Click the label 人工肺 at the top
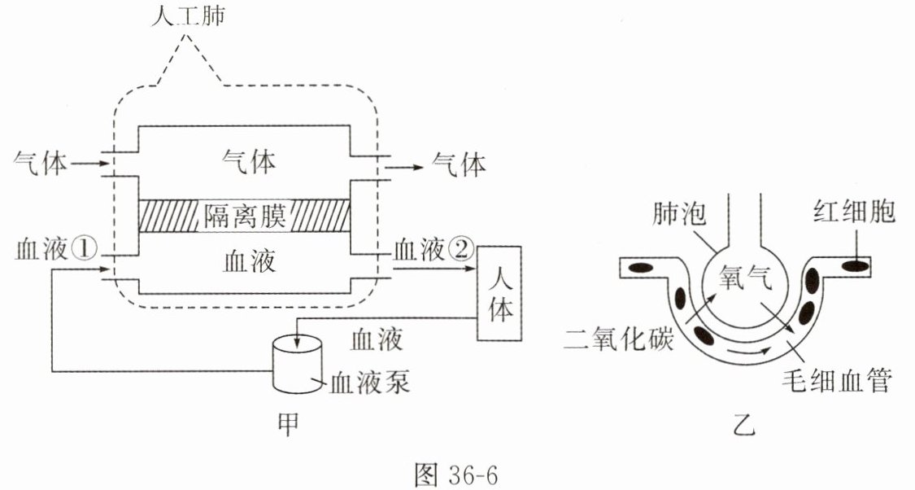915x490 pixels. click(187, 15)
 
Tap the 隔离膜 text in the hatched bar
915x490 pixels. click(245, 216)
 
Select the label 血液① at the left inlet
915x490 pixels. click(55, 249)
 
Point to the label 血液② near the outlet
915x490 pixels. click(433, 249)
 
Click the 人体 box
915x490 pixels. click(499, 293)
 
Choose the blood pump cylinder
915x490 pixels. click(297, 364)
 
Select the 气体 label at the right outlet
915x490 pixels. click(459, 164)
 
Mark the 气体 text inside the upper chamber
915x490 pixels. click(249, 160)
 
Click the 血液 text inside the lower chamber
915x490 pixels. click(249, 260)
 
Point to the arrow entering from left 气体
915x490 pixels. click(84, 164)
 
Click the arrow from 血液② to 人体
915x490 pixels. click(435, 269)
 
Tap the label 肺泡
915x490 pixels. click(679, 213)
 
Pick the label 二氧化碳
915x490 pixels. click(619, 337)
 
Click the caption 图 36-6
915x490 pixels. click(457, 475)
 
